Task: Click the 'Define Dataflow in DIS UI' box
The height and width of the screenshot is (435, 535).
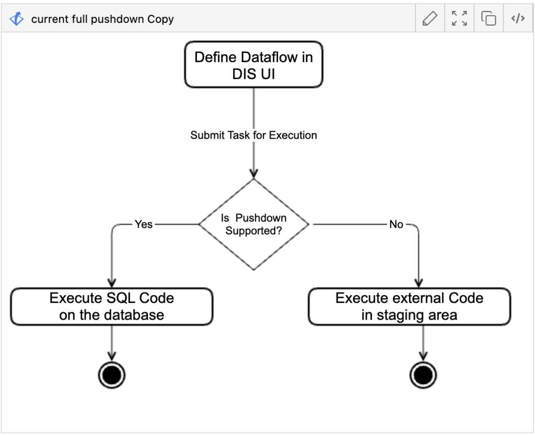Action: click(x=253, y=65)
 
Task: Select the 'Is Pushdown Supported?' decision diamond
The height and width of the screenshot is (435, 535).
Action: click(x=253, y=224)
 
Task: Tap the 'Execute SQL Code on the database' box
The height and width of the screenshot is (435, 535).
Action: click(x=111, y=307)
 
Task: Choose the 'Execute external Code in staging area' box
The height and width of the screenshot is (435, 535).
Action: click(x=409, y=307)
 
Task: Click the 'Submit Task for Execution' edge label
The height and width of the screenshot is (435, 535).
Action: click(x=253, y=135)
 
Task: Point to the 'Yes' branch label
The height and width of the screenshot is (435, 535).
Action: click(x=144, y=224)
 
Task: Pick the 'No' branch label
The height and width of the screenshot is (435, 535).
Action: click(x=396, y=224)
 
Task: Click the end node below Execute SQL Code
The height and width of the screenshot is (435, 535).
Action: click(x=112, y=374)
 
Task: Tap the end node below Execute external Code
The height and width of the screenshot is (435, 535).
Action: click(x=423, y=374)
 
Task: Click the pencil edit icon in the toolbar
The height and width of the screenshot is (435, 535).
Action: click(x=429, y=19)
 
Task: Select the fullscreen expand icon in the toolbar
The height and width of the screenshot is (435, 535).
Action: click(x=459, y=19)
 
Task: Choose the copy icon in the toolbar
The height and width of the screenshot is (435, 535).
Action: click(x=489, y=19)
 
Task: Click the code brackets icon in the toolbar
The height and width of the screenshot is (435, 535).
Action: click(x=518, y=19)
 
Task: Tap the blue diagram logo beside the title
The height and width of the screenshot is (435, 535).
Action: click(x=17, y=19)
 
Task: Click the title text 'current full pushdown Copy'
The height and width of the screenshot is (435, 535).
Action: click(x=102, y=19)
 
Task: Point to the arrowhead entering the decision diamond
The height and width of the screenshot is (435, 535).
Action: click(x=253, y=173)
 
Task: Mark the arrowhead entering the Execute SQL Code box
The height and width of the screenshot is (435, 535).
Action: click(x=112, y=282)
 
